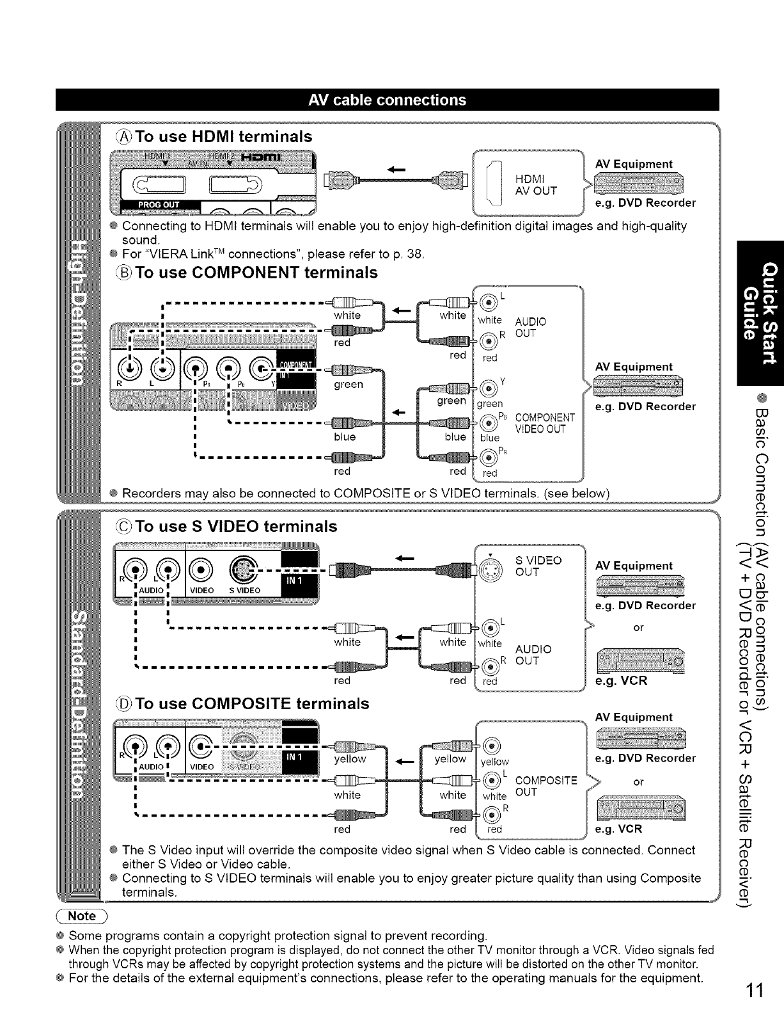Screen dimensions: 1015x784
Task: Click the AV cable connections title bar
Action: (x=387, y=100)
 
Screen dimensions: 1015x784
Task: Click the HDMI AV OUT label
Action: (x=536, y=185)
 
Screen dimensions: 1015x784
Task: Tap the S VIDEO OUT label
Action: (x=538, y=566)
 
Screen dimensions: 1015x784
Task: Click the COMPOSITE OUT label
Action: (x=545, y=786)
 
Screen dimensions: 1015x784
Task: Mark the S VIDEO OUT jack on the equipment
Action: (x=489, y=565)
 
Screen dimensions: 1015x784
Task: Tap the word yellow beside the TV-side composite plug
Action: (x=349, y=759)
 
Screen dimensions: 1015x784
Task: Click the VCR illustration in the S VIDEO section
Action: (x=639, y=660)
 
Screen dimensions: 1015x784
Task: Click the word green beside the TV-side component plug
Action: (x=349, y=384)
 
